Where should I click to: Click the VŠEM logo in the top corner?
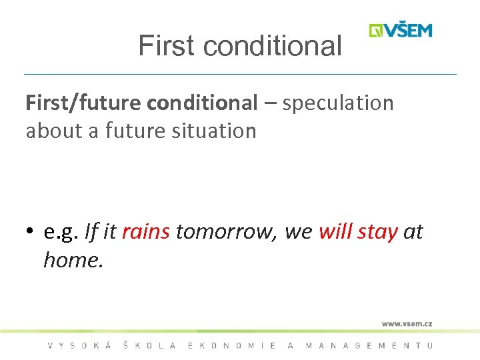point(401,31)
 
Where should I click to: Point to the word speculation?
point(338,103)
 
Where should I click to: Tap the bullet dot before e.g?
point(31,232)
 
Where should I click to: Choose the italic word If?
point(91,231)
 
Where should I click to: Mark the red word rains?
point(146,231)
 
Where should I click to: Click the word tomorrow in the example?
point(227,231)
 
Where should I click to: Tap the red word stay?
point(377,232)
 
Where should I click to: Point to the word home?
point(73,259)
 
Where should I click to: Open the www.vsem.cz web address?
point(407,324)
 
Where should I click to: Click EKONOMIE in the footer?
point(233,345)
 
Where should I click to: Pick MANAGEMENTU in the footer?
point(369,345)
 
